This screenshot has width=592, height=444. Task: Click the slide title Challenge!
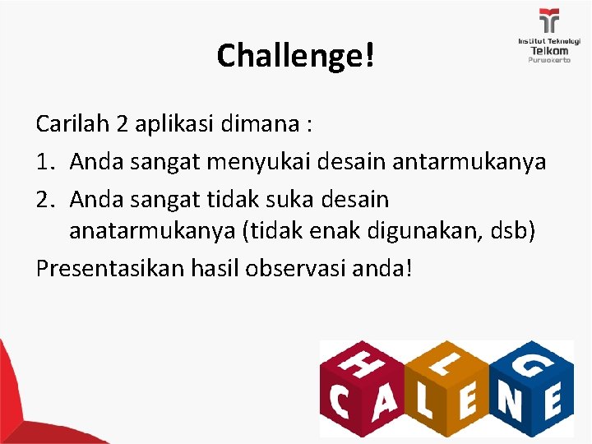[295, 55]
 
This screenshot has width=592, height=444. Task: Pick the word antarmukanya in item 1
[469, 162]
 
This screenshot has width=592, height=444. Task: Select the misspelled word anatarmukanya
[152, 231]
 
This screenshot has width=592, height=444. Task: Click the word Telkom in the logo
[549, 50]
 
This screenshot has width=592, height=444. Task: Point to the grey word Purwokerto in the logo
[549, 60]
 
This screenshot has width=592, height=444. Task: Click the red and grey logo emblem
[548, 21]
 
